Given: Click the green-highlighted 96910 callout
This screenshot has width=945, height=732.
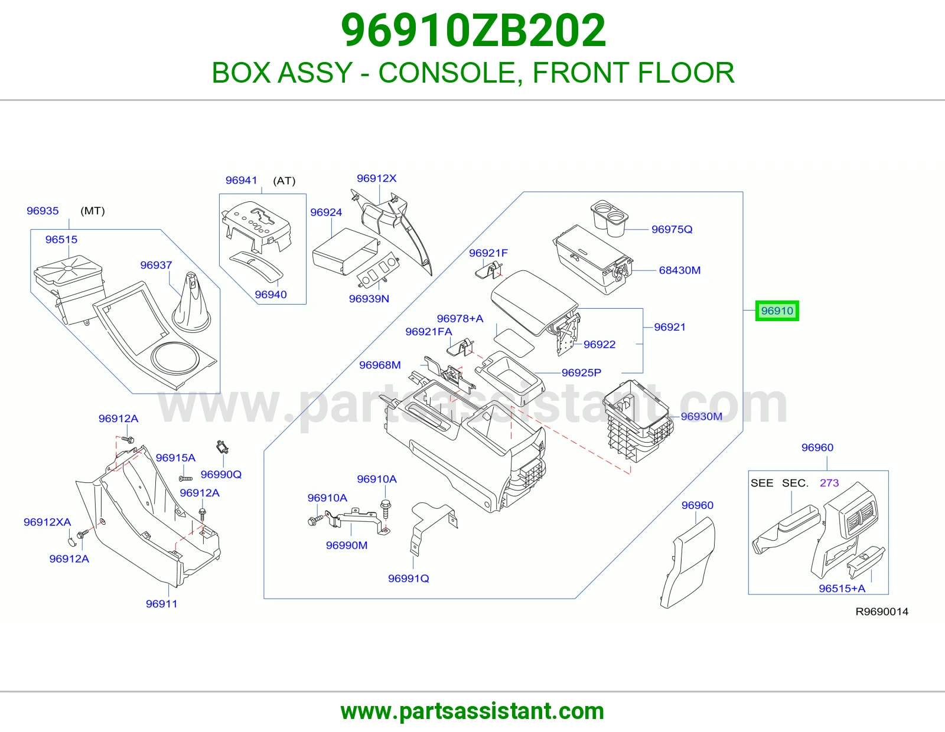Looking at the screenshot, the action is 777,311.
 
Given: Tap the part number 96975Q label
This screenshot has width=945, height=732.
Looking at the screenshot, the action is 672,229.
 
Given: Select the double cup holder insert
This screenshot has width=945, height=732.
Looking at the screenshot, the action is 610,218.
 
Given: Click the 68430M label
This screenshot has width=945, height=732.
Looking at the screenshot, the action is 679,270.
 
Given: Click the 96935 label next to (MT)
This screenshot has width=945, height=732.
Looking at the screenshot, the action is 43,211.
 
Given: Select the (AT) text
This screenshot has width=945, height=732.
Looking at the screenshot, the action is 284,181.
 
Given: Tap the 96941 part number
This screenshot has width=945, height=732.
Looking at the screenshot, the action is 242,180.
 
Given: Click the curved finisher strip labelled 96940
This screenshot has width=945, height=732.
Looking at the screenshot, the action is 256,264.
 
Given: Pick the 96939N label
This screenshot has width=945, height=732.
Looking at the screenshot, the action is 369,299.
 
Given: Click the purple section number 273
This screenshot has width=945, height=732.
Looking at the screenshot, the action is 829,482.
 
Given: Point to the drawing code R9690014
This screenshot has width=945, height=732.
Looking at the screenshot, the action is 882,612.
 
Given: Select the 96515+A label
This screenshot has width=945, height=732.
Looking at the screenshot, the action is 842,589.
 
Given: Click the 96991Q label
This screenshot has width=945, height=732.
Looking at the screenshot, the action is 408,579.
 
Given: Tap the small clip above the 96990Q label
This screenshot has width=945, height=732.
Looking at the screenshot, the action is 222,447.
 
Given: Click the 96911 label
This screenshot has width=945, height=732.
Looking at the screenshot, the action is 161,604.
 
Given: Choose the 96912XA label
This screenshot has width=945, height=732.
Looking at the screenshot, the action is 47,522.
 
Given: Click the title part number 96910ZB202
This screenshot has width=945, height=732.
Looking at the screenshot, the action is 472,30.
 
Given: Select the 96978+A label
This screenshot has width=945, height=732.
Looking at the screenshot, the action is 460,319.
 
